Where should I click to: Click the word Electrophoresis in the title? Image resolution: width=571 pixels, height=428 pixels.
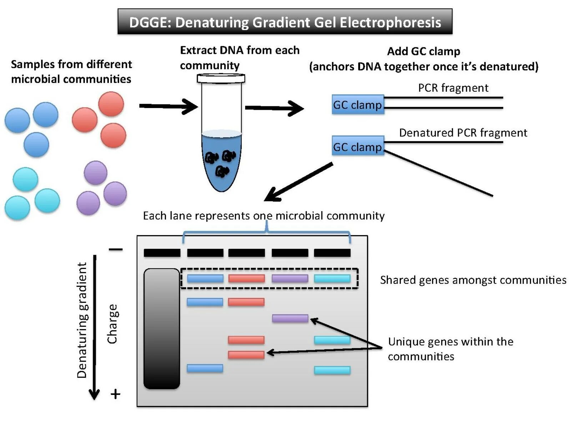(390, 22)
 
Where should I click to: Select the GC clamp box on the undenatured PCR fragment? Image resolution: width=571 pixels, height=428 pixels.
(358, 105)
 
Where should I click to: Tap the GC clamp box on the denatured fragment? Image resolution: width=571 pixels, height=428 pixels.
(358, 146)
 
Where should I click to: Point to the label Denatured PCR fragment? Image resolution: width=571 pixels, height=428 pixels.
(463, 133)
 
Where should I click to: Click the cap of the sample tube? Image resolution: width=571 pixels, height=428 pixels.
(221, 78)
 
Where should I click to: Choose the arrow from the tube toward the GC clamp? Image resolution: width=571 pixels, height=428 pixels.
(274, 108)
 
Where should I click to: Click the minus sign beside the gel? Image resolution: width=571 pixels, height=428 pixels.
(116, 249)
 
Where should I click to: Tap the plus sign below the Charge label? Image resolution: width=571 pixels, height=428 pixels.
(115, 394)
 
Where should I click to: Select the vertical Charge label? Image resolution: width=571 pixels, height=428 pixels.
(112, 324)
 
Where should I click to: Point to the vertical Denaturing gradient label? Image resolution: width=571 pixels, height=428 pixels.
(82, 320)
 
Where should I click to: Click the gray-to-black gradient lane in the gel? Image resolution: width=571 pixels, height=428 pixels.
(162, 328)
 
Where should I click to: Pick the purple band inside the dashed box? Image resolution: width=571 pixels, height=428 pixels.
(290, 279)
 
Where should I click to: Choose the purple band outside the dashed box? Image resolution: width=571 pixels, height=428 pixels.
(290, 318)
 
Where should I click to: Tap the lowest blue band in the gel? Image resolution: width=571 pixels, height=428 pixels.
(205, 368)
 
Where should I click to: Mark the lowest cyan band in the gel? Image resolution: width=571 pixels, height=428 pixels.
(332, 370)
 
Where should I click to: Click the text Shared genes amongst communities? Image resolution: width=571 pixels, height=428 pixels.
(473, 280)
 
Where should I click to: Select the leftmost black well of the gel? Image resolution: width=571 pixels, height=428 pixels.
(162, 253)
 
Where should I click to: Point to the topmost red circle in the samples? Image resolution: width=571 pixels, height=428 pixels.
(111, 104)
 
